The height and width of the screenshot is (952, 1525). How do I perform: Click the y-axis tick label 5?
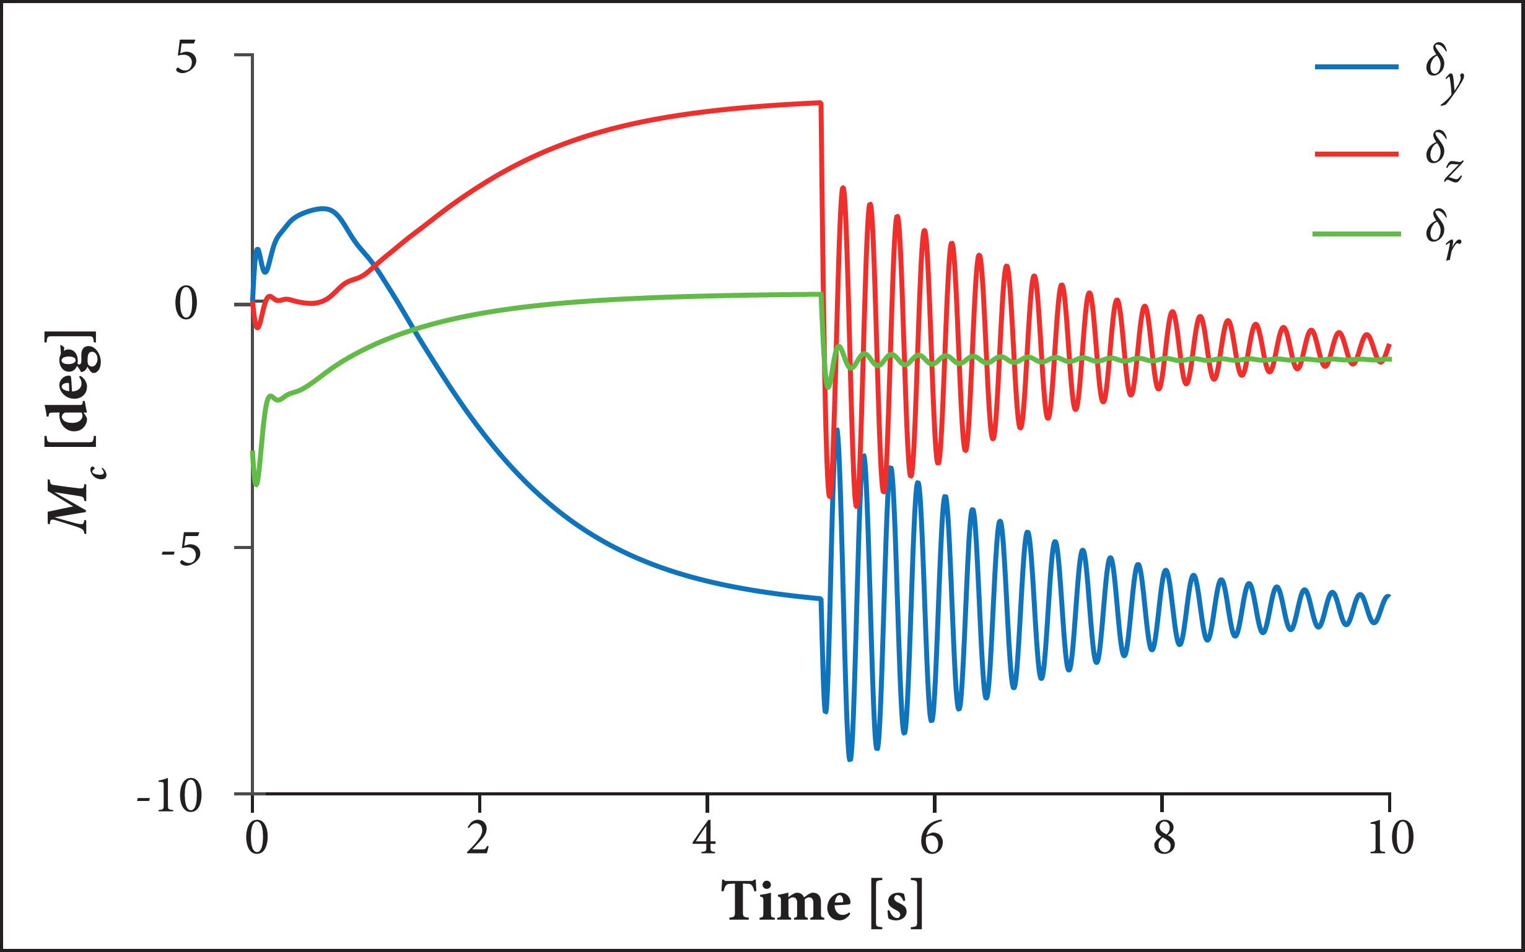point(186,60)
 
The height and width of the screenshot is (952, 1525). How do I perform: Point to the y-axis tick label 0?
point(186,305)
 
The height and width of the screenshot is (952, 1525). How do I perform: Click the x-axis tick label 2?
point(479,839)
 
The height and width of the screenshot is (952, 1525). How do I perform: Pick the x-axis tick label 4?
point(707,839)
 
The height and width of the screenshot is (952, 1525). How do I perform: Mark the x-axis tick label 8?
point(1162,839)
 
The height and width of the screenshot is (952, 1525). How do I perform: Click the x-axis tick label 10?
point(1391,839)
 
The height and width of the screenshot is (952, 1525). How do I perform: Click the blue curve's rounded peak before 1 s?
point(324,209)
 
